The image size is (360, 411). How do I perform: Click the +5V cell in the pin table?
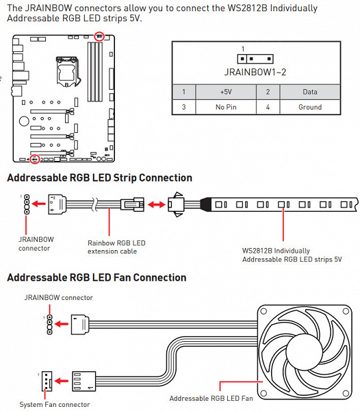click(226, 92)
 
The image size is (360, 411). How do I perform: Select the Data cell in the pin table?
click(310, 92)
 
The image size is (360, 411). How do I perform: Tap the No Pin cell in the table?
click(226, 107)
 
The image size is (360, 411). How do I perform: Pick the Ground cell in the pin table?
click(310, 107)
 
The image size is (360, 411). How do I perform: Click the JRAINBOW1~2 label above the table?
click(255, 72)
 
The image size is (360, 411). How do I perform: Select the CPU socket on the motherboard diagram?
click(67, 71)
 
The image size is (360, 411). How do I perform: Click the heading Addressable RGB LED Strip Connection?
click(99, 177)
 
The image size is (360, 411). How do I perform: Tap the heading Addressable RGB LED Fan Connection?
click(97, 277)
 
